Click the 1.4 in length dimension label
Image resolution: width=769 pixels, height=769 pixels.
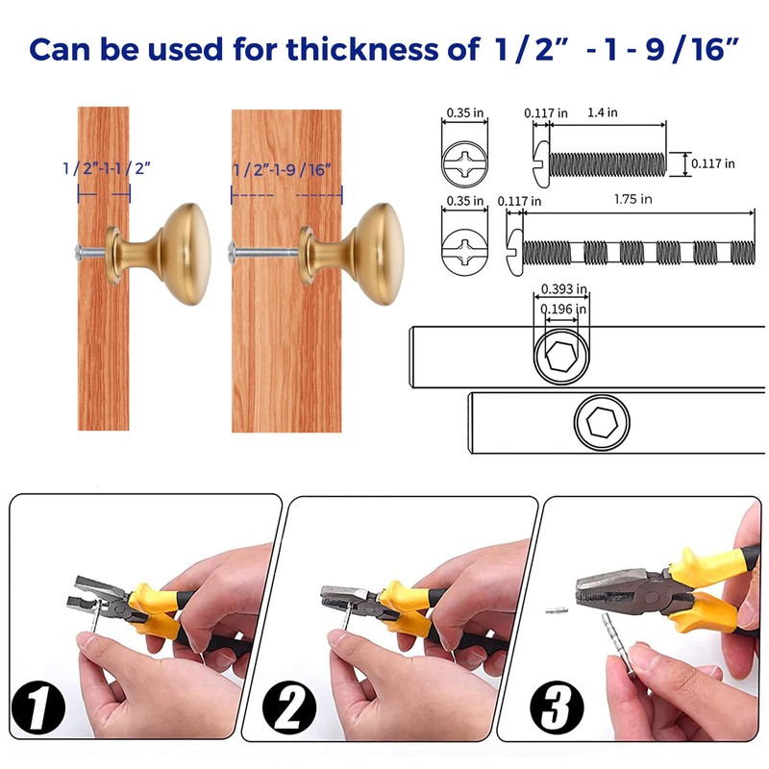[x=605, y=112]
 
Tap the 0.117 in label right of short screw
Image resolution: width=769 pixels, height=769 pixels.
[x=712, y=163]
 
